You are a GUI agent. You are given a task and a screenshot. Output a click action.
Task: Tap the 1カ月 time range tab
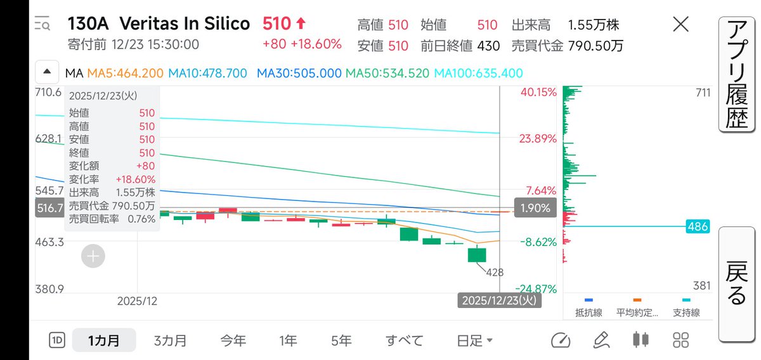point(104,340)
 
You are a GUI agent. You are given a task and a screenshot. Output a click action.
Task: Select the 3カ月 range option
point(170,340)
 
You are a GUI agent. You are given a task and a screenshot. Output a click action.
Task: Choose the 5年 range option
point(341,340)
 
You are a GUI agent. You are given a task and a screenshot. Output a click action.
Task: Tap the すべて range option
point(405,340)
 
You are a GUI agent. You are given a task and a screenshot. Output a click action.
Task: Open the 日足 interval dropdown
point(474,340)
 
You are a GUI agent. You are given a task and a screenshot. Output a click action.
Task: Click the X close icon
point(681,25)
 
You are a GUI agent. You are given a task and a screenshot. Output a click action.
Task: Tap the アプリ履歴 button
point(737,74)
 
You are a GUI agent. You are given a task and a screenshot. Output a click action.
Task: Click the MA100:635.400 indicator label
point(478,73)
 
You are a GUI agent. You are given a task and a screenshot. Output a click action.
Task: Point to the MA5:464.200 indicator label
point(126,73)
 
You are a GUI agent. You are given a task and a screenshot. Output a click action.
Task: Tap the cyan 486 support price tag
point(698,226)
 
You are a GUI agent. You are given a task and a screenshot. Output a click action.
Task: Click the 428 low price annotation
point(495,273)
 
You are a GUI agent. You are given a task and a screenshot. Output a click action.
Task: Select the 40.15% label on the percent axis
point(538,92)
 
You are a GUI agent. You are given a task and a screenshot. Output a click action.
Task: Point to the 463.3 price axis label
point(49,242)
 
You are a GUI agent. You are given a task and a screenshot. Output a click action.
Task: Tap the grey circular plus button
point(93,256)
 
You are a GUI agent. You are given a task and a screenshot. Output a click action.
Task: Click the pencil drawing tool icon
point(601,340)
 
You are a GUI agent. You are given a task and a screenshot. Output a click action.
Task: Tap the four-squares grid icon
point(681,340)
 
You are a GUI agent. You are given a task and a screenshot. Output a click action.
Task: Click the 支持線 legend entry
point(686,309)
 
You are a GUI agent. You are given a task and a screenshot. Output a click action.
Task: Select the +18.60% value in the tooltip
point(135,179)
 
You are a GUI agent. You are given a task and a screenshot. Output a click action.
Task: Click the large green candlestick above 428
point(477,255)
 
